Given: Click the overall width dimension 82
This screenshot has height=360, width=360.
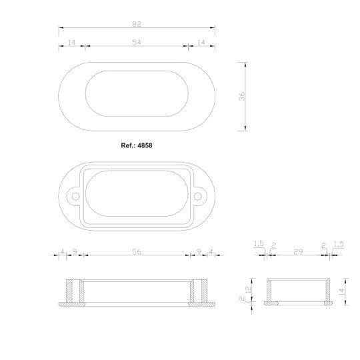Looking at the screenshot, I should click(x=137, y=24).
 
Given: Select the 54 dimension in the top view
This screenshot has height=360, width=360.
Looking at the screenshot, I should click(x=137, y=42).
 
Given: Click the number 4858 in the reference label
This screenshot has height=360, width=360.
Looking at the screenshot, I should click(x=145, y=144).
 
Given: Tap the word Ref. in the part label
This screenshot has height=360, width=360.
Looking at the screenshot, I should click(x=126, y=144).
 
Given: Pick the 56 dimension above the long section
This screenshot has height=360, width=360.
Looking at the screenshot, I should click(x=137, y=251).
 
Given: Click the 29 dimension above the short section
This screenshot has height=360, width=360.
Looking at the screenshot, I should click(x=298, y=251).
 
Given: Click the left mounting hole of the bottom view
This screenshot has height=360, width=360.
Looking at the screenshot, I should click(x=75, y=197).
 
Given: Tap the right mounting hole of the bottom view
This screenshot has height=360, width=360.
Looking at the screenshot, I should click(x=197, y=197).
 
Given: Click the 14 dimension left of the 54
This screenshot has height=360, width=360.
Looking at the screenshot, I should click(x=71, y=42).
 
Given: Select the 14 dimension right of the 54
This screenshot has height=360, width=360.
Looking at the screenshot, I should click(x=201, y=42).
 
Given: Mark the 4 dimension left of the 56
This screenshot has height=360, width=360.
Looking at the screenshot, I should click(x=63, y=251).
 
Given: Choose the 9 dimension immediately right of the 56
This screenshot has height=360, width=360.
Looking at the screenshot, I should click(x=199, y=251).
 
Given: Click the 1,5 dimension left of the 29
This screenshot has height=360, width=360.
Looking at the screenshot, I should click(x=259, y=245).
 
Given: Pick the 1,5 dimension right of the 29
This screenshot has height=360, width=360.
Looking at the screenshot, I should click(x=338, y=245).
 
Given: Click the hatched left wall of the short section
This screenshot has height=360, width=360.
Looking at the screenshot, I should click(x=267, y=291).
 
